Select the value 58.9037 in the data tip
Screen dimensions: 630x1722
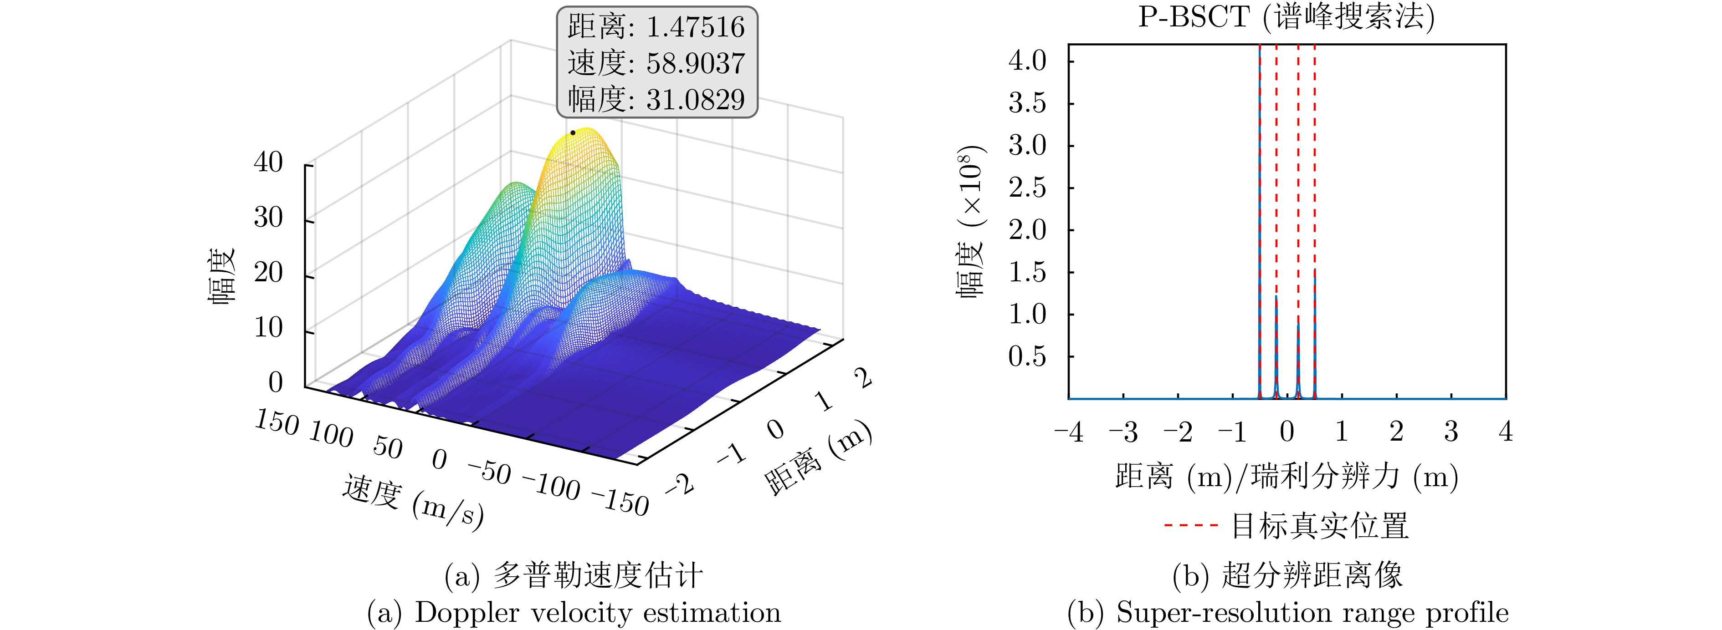coord(695,63)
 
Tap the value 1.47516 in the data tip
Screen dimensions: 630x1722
coord(695,27)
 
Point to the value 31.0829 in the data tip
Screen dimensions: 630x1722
coord(695,100)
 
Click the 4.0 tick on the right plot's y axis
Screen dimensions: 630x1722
coord(1027,61)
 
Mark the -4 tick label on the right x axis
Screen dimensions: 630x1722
coord(1068,432)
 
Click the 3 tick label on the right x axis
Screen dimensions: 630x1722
coord(1450,432)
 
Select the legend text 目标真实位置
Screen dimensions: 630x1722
coord(1320,526)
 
